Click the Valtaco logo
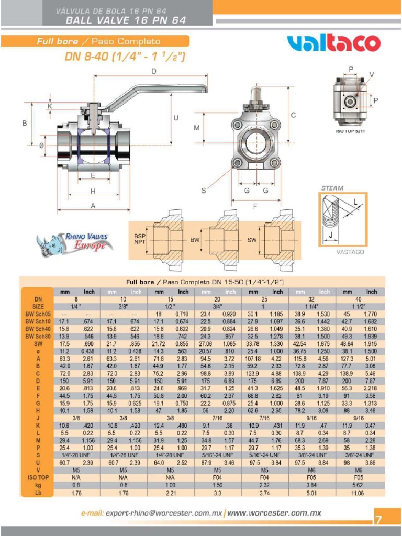pos(333,43)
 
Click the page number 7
pos(378,520)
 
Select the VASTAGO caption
pos(349,252)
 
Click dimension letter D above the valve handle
pos(154,71)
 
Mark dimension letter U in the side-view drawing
pos(176,118)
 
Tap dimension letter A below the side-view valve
pos(93,206)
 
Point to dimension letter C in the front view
pos(294,115)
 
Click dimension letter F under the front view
pos(255,206)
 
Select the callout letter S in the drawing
pos(204,191)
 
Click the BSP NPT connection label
pos(140,240)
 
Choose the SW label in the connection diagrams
pos(251,240)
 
